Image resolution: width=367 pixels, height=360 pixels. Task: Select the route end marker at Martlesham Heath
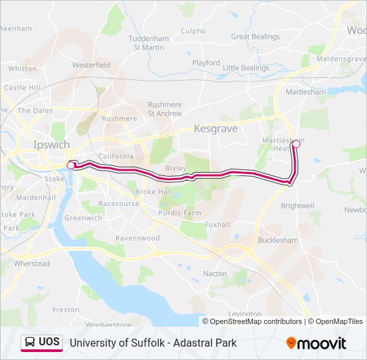click(x=296, y=143)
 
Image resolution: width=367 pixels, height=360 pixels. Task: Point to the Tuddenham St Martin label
click(x=149, y=42)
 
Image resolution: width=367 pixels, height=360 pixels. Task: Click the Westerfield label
click(x=91, y=65)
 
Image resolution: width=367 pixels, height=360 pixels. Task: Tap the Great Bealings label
click(x=256, y=37)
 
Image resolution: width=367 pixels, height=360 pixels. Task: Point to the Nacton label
click(x=215, y=273)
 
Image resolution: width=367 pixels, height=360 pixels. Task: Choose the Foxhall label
click(x=218, y=225)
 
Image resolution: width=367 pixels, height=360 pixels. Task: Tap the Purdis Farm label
click(x=180, y=213)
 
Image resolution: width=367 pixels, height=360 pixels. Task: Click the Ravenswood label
click(x=137, y=238)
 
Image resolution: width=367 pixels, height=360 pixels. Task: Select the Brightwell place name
click(x=298, y=206)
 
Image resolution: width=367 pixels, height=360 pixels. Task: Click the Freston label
click(x=65, y=309)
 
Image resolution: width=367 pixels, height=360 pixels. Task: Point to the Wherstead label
click(x=32, y=263)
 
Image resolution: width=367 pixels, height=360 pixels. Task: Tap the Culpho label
click(x=194, y=31)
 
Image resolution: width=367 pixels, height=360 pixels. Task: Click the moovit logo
click(x=316, y=343)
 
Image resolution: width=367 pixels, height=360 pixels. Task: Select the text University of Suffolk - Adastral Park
click(x=153, y=343)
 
